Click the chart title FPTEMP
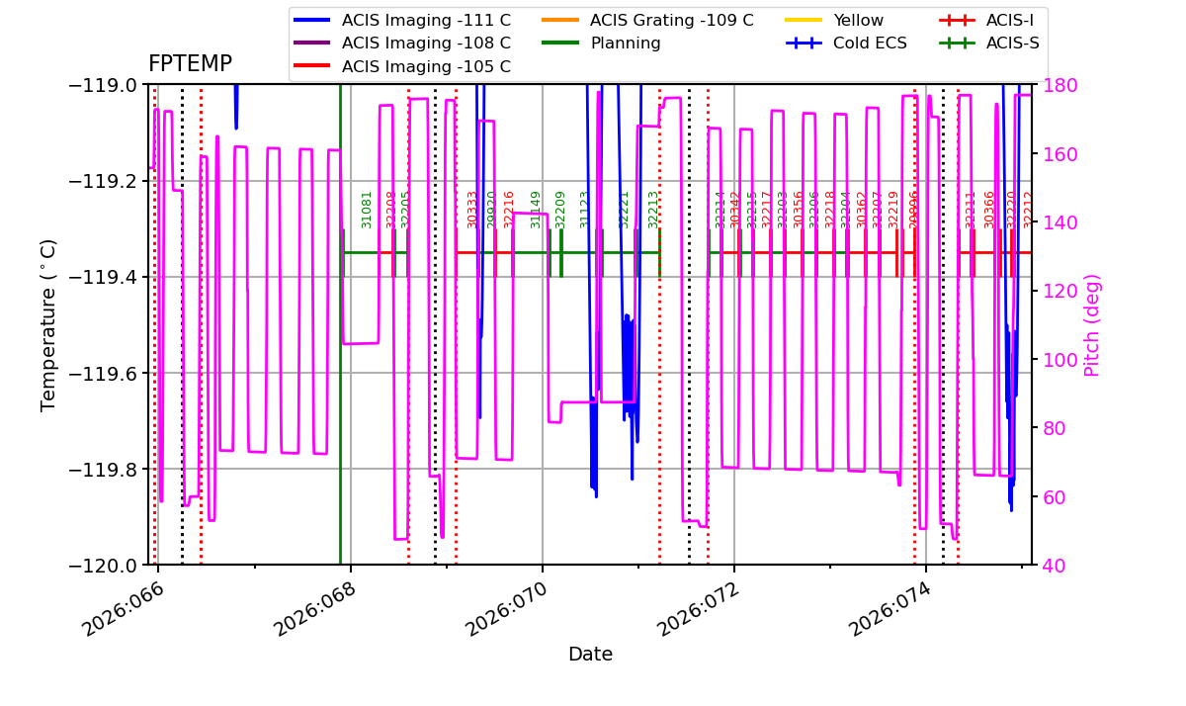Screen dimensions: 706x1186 click(x=190, y=64)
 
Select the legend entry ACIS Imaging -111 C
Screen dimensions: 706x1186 click(x=426, y=20)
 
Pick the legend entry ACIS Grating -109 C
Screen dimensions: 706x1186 click(x=671, y=20)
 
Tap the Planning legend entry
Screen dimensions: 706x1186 click(x=626, y=44)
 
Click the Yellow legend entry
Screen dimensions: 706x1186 click(x=858, y=20)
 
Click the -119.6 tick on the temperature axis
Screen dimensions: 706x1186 click(x=102, y=373)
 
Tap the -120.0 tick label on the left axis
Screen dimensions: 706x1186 click(x=102, y=565)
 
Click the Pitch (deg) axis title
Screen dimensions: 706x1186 click(x=1092, y=324)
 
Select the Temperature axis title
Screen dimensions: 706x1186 click(x=49, y=324)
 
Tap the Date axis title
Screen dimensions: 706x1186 click(x=590, y=655)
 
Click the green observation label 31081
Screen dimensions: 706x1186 click(x=367, y=210)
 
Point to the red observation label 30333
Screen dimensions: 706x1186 click(x=472, y=210)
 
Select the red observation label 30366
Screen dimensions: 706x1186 click(x=989, y=210)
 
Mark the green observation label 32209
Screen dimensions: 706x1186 click(x=560, y=210)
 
